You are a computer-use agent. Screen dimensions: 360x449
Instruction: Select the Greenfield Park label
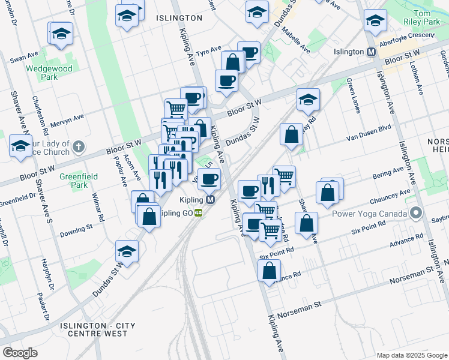point(74,182)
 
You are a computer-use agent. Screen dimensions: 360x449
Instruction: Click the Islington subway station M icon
point(372,52)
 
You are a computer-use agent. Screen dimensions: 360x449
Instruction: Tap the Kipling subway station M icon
point(211,200)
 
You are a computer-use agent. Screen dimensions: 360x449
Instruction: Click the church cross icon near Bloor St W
point(79,146)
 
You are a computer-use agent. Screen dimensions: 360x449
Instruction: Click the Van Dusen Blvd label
point(369,136)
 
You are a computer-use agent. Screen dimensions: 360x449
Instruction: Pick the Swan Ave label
point(24,59)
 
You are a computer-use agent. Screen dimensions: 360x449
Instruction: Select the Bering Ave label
point(388,173)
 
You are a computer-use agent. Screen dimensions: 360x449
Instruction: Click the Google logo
point(20,352)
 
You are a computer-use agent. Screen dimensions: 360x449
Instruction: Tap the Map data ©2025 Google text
point(411,355)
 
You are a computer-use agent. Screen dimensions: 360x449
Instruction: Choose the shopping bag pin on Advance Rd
point(269,271)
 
